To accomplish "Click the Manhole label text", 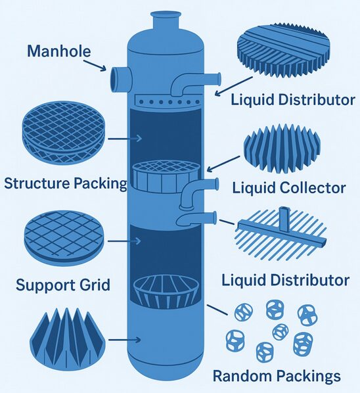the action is click(x=59, y=51).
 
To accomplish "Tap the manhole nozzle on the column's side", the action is click(x=120, y=80).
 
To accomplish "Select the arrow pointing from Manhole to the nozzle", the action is click(x=95, y=66).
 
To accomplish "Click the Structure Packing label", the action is click(x=66, y=183).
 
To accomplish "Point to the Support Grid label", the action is click(x=63, y=285).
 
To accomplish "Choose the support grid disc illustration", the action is click(x=64, y=239).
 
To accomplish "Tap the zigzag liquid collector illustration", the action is click(x=282, y=149).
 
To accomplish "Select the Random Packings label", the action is click(x=277, y=376).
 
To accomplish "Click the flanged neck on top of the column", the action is click(x=166, y=20).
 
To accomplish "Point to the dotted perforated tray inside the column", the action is click(x=168, y=101).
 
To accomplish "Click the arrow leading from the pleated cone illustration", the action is click(x=124, y=340).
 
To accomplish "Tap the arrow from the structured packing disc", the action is click(x=125, y=139).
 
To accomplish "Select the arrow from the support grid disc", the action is click(x=124, y=241).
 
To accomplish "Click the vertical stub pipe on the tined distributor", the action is click(x=284, y=219).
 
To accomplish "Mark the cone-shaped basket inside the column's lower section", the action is click(x=166, y=292).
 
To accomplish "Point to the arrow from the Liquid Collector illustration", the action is click(x=223, y=164).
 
